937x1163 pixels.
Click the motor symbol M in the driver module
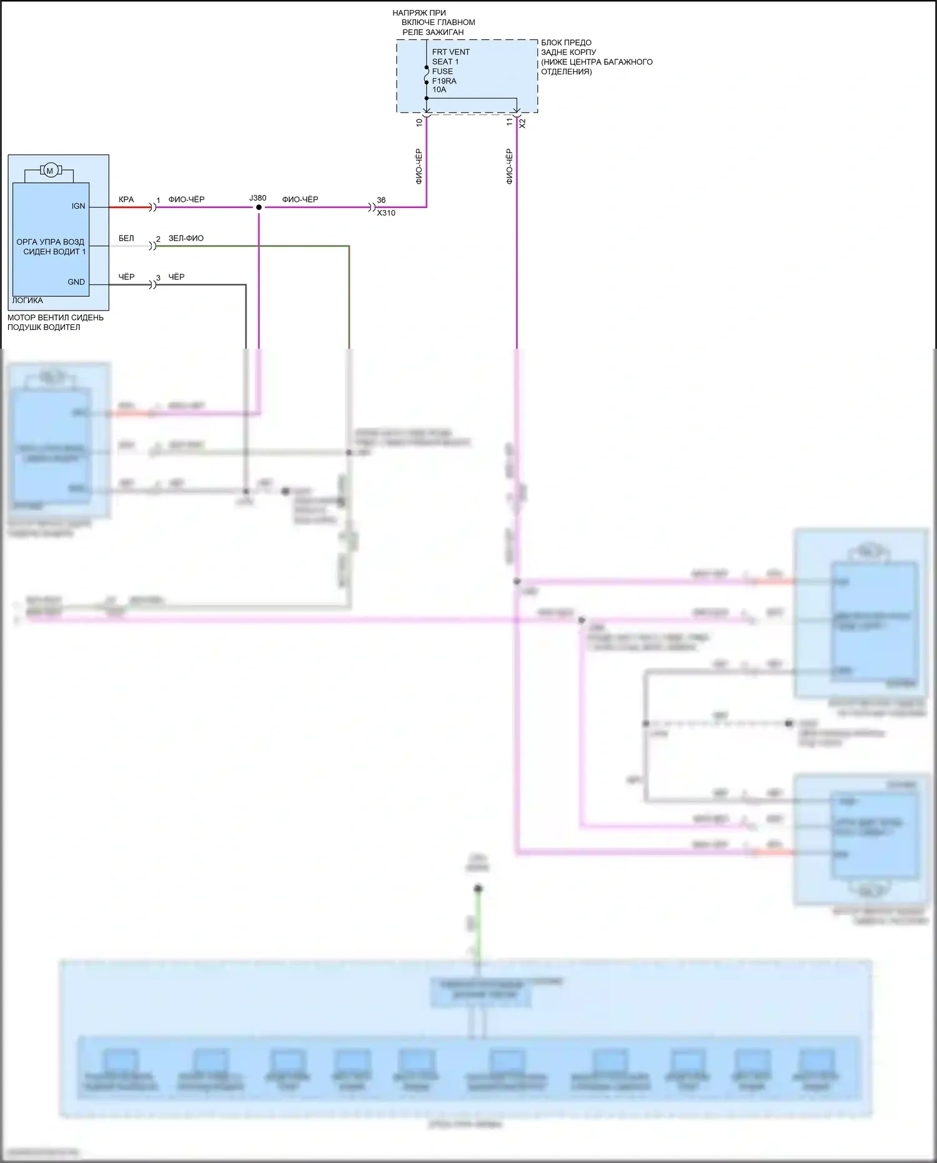tap(50, 171)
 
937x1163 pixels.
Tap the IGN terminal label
tap(78, 206)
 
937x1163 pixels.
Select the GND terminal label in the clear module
tap(76, 282)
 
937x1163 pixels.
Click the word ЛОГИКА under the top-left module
tap(27, 301)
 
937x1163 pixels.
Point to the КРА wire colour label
tap(126, 199)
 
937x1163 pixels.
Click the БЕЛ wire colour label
tap(126, 238)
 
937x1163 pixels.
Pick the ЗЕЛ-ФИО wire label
tap(186, 238)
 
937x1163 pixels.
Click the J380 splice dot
tap(259, 207)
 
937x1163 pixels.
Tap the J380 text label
tap(258, 198)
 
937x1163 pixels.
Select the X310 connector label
tap(386, 213)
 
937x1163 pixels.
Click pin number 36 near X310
tap(381, 200)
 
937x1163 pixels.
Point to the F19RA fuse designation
tap(444, 81)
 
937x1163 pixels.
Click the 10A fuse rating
tap(439, 89)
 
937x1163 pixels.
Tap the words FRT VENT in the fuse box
tap(450, 52)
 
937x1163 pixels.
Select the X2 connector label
tap(523, 123)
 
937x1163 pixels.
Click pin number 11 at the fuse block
tap(510, 122)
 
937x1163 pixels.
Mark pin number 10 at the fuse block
tap(419, 122)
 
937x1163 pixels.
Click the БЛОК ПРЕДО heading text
tap(566, 42)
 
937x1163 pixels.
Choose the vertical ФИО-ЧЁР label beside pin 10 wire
tap(419, 166)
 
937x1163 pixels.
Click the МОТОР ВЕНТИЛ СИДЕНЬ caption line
tap(56, 317)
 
